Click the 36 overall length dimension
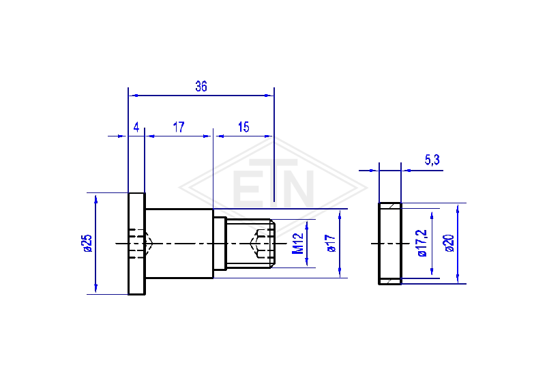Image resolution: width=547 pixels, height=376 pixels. click(201, 86)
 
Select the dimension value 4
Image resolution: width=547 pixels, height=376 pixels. click(136, 127)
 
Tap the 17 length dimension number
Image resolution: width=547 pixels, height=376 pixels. click(179, 127)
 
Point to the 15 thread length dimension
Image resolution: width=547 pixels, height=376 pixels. click(243, 127)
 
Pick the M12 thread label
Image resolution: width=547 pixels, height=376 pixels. click(297, 243)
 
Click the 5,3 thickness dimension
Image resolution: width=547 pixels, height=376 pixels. click(432, 160)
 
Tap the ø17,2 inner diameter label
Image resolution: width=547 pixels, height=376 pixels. click(422, 243)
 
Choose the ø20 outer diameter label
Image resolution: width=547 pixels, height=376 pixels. click(449, 243)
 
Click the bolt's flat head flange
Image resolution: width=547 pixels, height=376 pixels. click(136, 244)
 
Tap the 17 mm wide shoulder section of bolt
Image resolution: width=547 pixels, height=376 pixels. click(179, 244)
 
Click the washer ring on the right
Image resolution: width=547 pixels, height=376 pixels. click(390, 244)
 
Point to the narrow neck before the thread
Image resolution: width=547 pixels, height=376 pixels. click(220, 244)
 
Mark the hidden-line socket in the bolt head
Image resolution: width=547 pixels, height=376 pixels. click(141, 244)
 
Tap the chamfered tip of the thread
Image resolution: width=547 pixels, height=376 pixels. click(272, 244)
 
